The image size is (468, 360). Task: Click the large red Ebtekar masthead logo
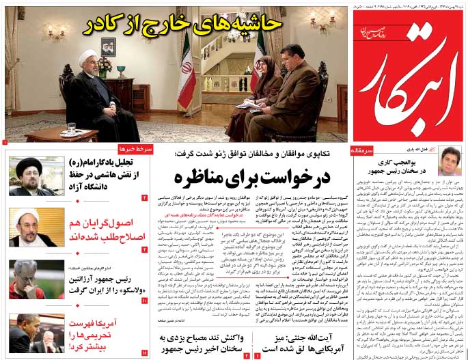click(409, 75)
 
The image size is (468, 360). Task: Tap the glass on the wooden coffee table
click(71, 128)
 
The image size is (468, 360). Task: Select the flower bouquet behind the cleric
click(105, 66)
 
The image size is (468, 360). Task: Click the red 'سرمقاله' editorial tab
click(363, 149)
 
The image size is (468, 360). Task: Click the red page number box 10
click(144, 300)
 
